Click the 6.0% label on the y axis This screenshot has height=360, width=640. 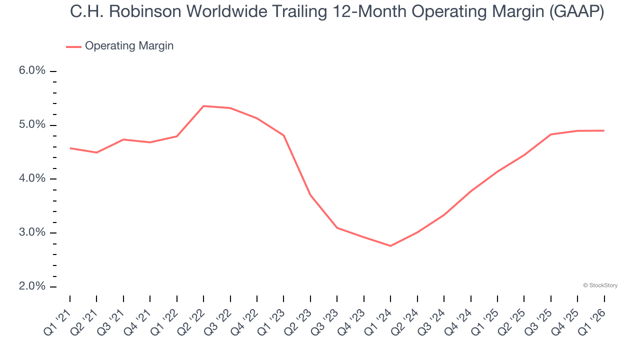(32, 71)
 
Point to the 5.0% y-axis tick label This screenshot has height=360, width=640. (32, 125)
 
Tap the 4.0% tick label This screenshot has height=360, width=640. (32, 179)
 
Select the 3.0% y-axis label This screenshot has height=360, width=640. (32, 233)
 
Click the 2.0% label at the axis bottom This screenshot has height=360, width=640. (32, 286)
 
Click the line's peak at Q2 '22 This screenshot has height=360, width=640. (203, 106)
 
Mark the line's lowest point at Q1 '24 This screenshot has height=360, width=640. (390, 246)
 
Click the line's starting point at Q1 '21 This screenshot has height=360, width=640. (70, 148)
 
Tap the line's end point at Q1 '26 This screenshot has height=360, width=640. (604, 130)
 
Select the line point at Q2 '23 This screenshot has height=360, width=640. (310, 195)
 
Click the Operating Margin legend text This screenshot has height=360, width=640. (129, 46)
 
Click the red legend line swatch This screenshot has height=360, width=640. (73, 46)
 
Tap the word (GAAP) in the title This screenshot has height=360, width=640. (576, 12)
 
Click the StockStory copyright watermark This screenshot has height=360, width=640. (600, 285)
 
